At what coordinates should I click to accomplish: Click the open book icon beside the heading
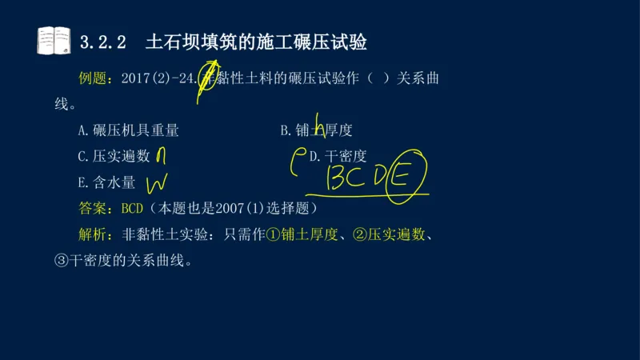tap(54, 40)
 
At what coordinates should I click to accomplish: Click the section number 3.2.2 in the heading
tap(104, 42)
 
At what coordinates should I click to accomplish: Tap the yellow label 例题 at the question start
tap(96, 79)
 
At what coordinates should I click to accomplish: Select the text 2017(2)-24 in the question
tap(159, 79)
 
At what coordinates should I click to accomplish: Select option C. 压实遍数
tap(114, 157)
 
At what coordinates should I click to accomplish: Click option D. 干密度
tap(338, 157)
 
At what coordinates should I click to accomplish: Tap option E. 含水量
tap(106, 182)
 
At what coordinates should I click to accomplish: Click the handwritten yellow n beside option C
tap(161, 155)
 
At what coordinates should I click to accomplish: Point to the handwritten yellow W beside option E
tap(156, 184)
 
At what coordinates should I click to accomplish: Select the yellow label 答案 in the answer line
tap(96, 209)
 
